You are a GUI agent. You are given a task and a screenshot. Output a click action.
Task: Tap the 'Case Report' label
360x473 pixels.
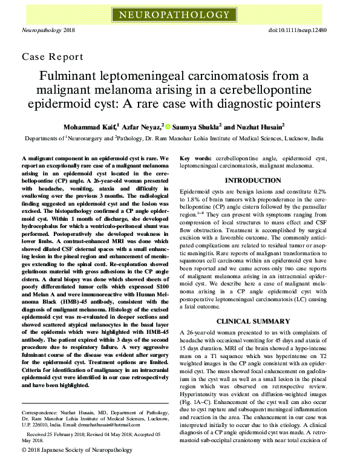pyautogui.click(x=53, y=57)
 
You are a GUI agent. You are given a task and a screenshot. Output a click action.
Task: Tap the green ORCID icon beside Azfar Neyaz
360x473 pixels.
pyautogui.click(x=168, y=127)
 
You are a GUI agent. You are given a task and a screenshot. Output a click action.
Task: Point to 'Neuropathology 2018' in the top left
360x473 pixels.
pyautogui.click(x=48, y=30)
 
